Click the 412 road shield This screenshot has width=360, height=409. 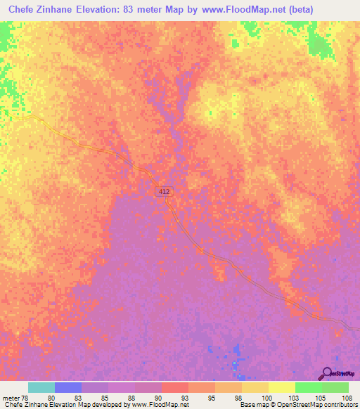tap(162, 191)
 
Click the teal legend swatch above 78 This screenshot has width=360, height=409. tap(41, 387)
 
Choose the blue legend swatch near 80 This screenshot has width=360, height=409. tap(68, 387)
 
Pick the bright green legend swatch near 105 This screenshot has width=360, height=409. tap(308, 387)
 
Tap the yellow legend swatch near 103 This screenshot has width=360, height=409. tap(281, 387)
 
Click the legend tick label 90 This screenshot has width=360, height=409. tap(157, 397)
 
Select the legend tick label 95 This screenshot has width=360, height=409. tap(211, 397)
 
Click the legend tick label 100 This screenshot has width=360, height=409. tap(264, 397)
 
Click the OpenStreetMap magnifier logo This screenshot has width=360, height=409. tap(326, 373)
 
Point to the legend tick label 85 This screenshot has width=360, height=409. tap(105, 397)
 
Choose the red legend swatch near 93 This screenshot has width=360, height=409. tap(174, 387)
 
